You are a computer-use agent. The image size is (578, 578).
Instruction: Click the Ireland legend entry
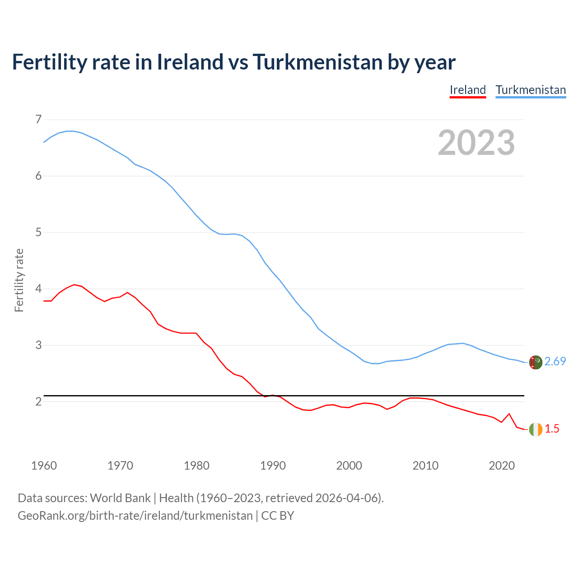pyautogui.click(x=468, y=90)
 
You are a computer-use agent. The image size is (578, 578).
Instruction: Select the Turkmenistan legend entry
pyautogui.click(x=531, y=90)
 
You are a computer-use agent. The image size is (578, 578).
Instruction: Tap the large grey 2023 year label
pyautogui.click(x=476, y=143)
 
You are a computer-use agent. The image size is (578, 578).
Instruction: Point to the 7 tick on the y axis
pyautogui.click(x=38, y=120)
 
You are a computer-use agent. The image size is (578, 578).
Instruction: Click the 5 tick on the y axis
pyautogui.click(x=38, y=233)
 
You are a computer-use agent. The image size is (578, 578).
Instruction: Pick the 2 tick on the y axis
pyautogui.click(x=38, y=401)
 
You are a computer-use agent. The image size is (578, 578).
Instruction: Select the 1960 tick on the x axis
pyautogui.click(x=44, y=466)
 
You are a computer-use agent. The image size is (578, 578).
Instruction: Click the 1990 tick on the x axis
pyautogui.click(x=273, y=466)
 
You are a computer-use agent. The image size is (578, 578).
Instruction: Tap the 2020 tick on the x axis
pyautogui.click(x=502, y=466)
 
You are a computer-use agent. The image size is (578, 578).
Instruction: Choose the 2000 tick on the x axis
pyautogui.click(x=349, y=466)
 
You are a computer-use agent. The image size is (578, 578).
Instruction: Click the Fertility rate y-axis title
pyautogui.click(x=19, y=280)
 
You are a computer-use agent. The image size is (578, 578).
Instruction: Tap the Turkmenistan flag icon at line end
pyautogui.click(x=536, y=362)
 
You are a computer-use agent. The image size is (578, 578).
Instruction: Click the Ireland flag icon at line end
pyautogui.click(x=536, y=429)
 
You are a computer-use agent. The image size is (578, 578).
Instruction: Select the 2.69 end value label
pyautogui.click(x=555, y=362)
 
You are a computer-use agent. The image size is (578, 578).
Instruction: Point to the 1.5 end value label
pyautogui.click(x=552, y=429)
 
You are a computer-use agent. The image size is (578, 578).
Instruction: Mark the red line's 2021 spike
pyautogui.click(x=509, y=414)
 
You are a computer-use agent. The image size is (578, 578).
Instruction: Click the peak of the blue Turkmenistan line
pyautogui.click(x=70, y=131)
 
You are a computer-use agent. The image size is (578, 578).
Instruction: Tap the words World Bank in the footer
pyautogui.click(x=120, y=498)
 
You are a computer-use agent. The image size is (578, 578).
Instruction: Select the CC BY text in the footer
pyautogui.click(x=278, y=516)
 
